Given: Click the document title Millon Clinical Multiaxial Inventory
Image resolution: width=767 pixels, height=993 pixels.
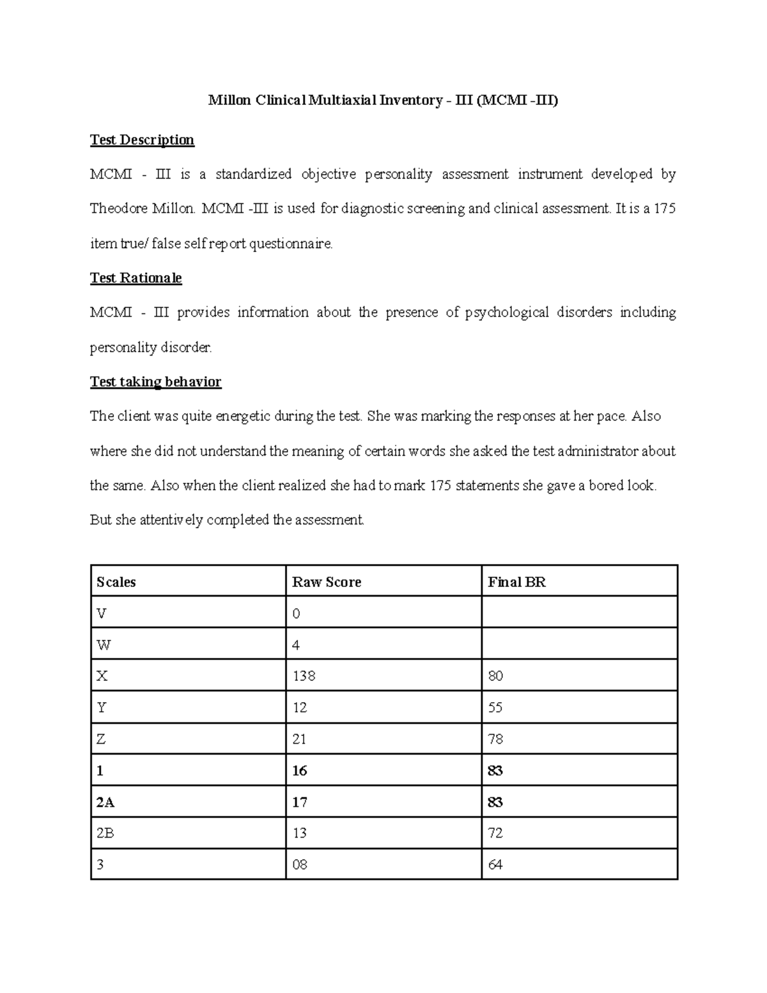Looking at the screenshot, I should pos(383,100).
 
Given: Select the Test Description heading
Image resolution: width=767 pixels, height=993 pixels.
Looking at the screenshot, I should pos(142,139).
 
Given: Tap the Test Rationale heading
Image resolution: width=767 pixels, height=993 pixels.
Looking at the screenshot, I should pos(136,278).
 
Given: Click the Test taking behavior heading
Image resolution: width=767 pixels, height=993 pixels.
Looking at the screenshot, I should pos(155,382).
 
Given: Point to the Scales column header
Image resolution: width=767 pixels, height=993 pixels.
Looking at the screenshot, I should pos(116,582).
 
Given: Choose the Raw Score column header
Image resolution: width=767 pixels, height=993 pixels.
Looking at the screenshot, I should pos(326,582).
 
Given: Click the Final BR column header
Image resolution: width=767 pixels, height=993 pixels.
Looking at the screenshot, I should pos(516,582).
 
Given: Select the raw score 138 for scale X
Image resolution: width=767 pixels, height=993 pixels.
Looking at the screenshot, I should pos(304,676).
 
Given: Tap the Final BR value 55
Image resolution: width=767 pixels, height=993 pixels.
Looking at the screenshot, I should pos(495,707).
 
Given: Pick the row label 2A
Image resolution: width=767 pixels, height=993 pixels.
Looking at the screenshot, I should pos(105,802).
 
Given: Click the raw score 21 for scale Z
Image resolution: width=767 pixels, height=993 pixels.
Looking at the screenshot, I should pos(299,739).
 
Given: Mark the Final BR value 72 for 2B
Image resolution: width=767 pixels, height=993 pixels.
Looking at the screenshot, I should pos(495,833).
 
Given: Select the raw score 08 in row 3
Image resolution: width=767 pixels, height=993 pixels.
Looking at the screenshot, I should pos(299,864).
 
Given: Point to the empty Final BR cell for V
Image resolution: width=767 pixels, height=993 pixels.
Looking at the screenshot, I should pos(578,613).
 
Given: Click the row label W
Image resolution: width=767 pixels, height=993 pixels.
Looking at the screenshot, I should pos(103,645).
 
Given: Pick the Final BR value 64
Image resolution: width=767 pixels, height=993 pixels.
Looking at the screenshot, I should pos(495,864).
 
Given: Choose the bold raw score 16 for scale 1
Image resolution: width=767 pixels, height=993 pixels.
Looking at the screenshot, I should pos(299,770).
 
